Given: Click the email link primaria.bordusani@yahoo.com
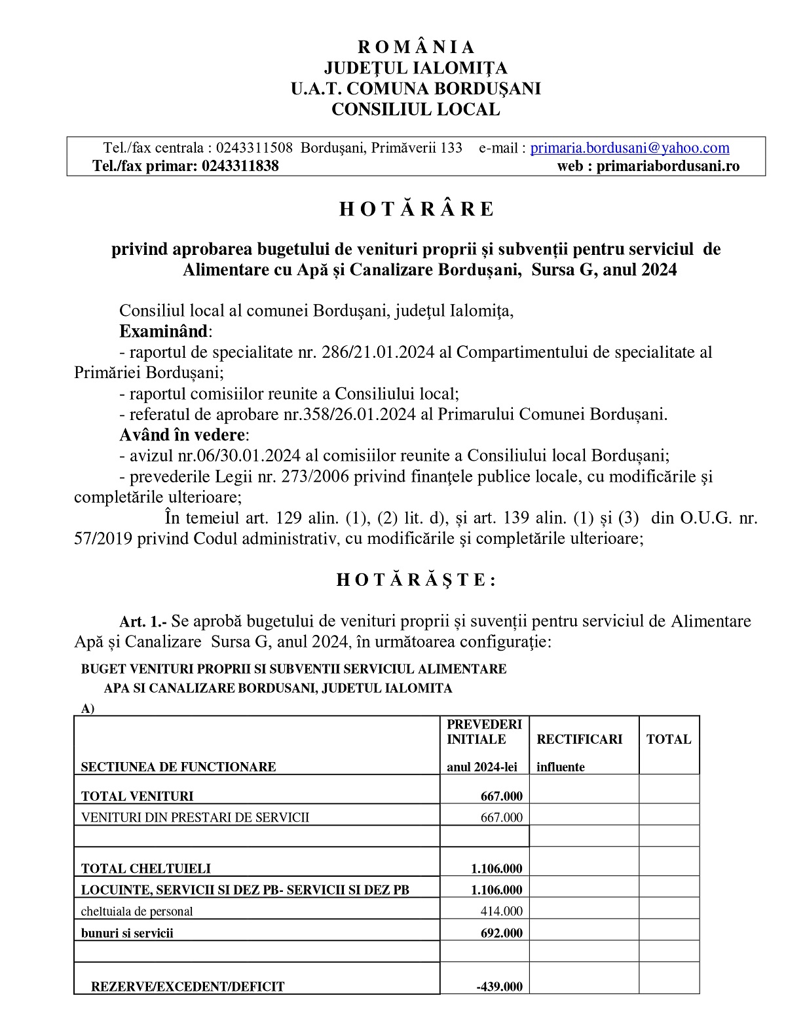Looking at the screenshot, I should click(x=629, y=148).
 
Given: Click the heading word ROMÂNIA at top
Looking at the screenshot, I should click(x=416, y=47).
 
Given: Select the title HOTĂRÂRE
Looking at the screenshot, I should click(x=416, y=209).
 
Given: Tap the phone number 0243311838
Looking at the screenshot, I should click(x=240, y=166).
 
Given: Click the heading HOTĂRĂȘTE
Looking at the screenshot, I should click(x=416, y=580).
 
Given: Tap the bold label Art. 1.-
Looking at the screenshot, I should click(x=143, y=621).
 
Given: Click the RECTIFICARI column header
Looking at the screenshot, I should click(x=579, y=740).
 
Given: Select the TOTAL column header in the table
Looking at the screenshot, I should click(x=668, y=740).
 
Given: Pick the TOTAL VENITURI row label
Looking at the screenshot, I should click(x=137, y=797).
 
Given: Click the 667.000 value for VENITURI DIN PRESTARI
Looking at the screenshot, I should click(x=502, y=818).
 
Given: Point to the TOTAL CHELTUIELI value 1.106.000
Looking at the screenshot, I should click(x=496, y=869).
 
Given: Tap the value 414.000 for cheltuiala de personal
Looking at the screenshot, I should click(x=502, y=911).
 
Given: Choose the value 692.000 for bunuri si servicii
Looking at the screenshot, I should click(x=502, y=933).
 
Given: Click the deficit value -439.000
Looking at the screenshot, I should click(x=499, y=987).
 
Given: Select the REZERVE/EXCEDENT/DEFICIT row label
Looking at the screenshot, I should click(x=187, y=987).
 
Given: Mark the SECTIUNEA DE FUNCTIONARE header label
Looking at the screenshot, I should click(x=178, y=767).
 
